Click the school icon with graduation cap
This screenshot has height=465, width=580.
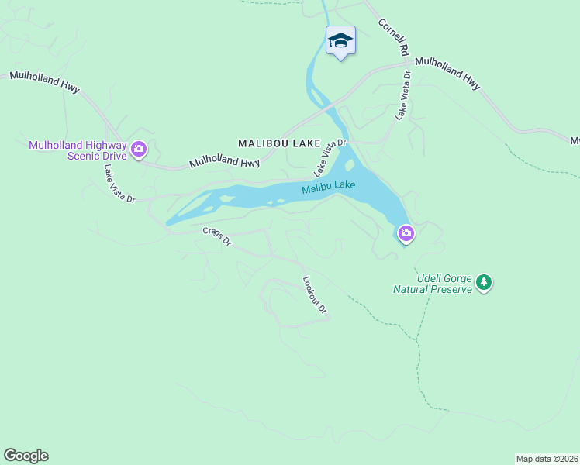[x=340, y=40]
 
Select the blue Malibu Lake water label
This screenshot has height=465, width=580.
[x=329, y=187]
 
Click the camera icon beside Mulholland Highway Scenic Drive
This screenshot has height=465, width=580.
[x=139, y=149]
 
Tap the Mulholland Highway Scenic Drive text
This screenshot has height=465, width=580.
[x=77, y=150]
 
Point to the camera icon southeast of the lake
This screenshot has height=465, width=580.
[x=406, y=233]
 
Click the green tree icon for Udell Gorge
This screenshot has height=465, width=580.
[x=485, y=282]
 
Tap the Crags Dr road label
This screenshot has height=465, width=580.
[x=217, y=236]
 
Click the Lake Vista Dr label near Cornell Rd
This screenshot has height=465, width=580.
[x=402, y=95]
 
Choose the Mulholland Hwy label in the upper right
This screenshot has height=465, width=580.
[x=447, y=73]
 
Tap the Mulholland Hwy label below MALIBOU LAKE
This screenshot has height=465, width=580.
[x=224, y=161]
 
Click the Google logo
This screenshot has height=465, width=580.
[x=26, y=456]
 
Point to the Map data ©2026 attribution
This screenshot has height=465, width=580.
[x=547, y=459]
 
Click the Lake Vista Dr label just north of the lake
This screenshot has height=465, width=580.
[x=329, y=157]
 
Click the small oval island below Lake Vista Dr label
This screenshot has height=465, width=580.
[x=350, y=165]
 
